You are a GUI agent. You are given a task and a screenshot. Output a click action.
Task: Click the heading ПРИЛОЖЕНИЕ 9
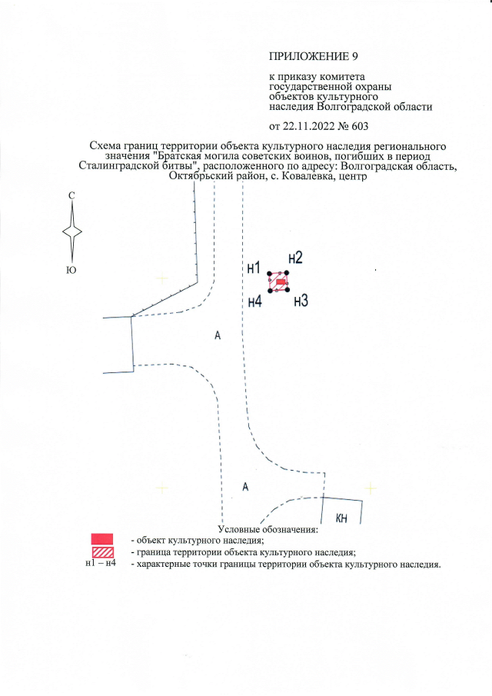click(313, 56)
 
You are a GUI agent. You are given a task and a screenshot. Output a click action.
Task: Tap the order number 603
click(360, 126)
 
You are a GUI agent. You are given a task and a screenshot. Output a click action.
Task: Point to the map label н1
click(254, 268)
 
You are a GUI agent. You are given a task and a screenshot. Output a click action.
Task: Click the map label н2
click(295, 258)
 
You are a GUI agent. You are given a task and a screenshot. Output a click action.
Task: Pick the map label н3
click(301, 301)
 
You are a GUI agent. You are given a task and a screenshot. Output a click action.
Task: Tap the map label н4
click(254, 301)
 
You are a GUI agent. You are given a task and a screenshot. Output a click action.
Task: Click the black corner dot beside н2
click(287, 273)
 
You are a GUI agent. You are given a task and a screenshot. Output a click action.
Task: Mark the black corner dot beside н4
click(270, 290)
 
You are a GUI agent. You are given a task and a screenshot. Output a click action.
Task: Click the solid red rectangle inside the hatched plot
click(281, 282)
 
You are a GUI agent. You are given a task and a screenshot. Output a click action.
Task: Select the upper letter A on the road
click(218, 335)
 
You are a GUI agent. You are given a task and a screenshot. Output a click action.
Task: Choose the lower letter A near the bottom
click(245, 487)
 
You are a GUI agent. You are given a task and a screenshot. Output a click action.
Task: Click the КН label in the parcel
click(341, 518)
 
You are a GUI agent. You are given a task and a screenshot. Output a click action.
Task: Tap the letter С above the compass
click(71, 196)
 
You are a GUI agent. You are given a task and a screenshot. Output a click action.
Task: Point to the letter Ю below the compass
click(71, 270)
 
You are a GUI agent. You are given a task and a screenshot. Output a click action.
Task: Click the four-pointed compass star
click(71, 231)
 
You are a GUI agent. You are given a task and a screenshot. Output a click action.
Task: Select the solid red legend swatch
click(102, 539)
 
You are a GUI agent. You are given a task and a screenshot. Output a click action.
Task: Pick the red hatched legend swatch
click(102, 553)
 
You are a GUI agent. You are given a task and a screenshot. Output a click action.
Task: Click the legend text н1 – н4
click(101, 564)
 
